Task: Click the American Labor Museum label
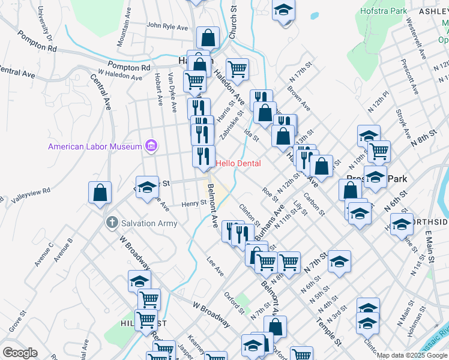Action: [95, 146]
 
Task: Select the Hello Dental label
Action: [238, 163]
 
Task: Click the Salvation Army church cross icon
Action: [110, 223]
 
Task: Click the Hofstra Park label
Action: [384, 11]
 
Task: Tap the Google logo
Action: [20, 353]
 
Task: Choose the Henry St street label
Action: [194, 203]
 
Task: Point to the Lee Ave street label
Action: [215, 266]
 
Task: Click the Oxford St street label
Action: [235, 302]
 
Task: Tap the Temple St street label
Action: [330, 330]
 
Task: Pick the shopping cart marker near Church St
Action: [238, 69]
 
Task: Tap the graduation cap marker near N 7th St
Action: [339, 262]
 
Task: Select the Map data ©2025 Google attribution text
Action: [412, 355]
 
